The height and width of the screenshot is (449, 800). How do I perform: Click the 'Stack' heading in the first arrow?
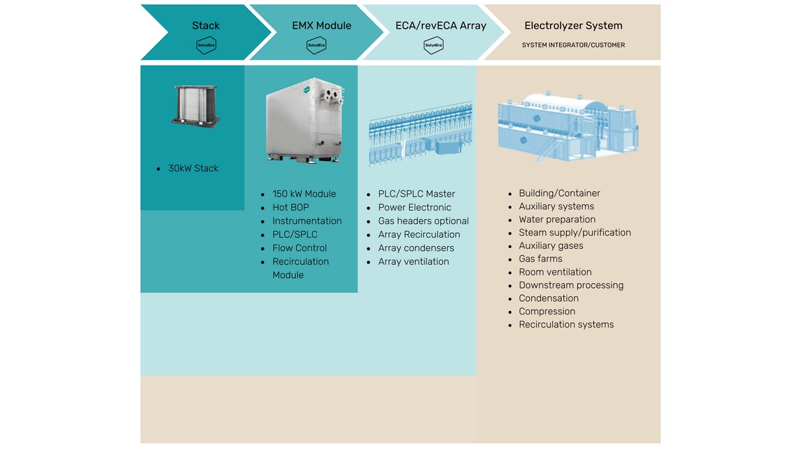[x=206, y=26]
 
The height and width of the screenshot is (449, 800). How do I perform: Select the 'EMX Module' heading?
[x=321, y=26]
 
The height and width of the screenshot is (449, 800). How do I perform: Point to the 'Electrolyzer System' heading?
[x=573, y=26]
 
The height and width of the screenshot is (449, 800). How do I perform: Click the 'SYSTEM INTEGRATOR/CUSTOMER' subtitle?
[x=573, y=45]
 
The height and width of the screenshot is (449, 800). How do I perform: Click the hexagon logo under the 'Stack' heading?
[x=206, y=46]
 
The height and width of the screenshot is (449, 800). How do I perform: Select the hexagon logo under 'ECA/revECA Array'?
[x=434, y=46]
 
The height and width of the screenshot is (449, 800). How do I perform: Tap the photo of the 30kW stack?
[x=195, y=107]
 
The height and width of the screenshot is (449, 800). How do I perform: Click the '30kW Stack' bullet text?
[x=193, y=169]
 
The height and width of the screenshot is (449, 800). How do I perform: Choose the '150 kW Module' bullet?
[x=304, y=194]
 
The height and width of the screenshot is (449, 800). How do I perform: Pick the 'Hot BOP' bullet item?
[x=290, y=208]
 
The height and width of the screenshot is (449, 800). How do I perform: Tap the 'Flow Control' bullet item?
[x=299, y=248]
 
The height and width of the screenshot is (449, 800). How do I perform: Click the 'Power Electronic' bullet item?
[x=415, y=208]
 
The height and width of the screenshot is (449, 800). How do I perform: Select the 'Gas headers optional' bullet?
[x=423, y=221]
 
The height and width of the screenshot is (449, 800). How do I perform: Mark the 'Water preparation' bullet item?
[x=557, y=220]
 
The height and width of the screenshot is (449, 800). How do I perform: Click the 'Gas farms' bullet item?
[x=540, y=259]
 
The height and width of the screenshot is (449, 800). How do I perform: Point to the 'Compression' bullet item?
[x=547, y=312]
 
